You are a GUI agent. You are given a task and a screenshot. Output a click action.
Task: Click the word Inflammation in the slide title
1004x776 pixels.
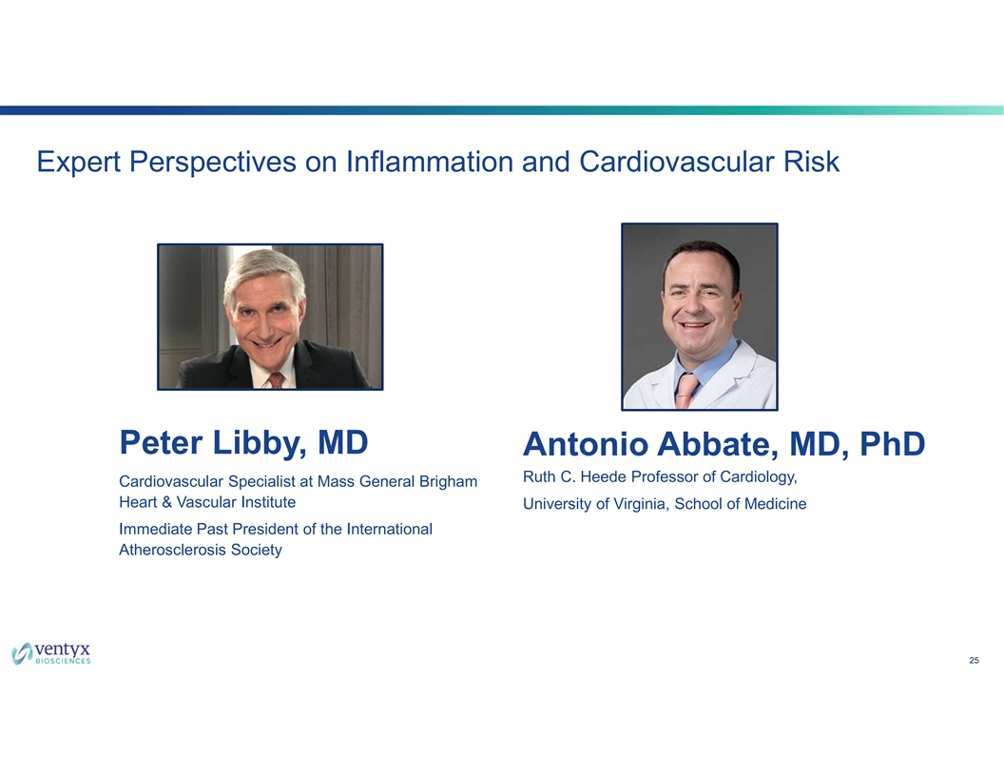click(x=429, y=162)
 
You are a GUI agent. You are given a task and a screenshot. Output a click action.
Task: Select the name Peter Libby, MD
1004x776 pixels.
click(x=243, y=443)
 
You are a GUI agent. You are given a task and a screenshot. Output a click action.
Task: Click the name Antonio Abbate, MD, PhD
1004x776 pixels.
click(x=724, y=444)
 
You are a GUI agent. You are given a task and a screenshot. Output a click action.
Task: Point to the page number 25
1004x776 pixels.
click(x=974, y=661)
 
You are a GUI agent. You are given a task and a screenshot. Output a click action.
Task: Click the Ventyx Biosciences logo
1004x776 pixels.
click(x=51, y=653)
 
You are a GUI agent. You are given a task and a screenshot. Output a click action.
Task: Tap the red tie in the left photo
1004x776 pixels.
click(x=276, y=380)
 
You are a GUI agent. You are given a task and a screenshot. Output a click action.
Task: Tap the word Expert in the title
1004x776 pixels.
click(x=78, y=163)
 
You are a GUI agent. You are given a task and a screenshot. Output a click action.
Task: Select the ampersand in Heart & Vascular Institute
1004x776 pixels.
click(x=166, y=503)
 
